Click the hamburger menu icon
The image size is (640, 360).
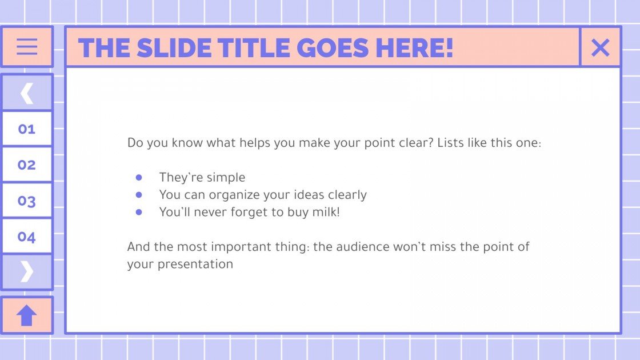point(27,46)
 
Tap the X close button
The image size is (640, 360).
point(600,47)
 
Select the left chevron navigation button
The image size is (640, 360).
point(27,93)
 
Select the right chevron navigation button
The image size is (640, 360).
point(27,271)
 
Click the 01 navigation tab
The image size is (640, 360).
point(27,129)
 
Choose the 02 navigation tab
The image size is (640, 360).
point(27,165)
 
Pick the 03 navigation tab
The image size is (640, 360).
point(27,201)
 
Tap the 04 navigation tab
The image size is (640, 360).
point(27,237)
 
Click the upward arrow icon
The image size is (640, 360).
point(27,315)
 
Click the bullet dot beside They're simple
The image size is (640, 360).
point(139,177)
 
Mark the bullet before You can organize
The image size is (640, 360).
point(139,195)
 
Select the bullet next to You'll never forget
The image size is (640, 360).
point(139,212)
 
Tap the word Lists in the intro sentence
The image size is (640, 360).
point(450,142)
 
